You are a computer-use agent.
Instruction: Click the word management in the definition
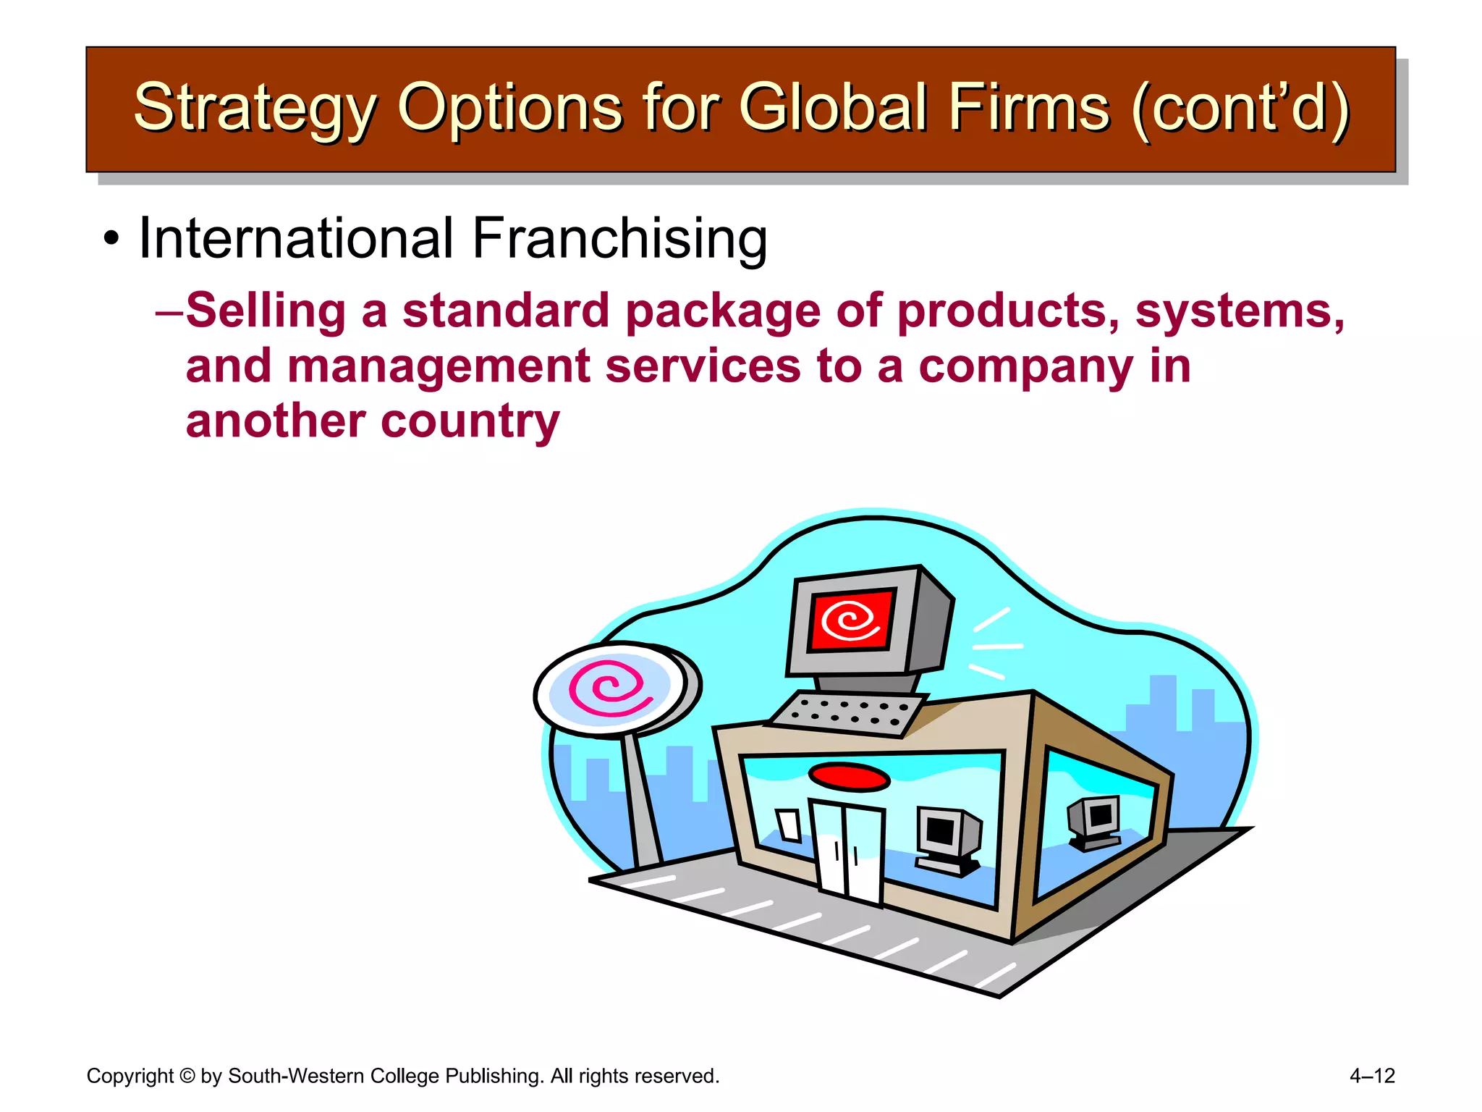(438, 366)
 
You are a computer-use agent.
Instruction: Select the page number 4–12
(1371, 1076)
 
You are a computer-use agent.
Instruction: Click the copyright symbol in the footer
(187, 1076)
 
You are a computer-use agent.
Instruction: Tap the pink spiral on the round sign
(608, 688)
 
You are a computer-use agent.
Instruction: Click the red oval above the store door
(849, 777)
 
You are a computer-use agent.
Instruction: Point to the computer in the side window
(1095, 822)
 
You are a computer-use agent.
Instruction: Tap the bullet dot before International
(110, 239)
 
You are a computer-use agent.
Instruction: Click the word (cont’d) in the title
(1240, 109)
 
